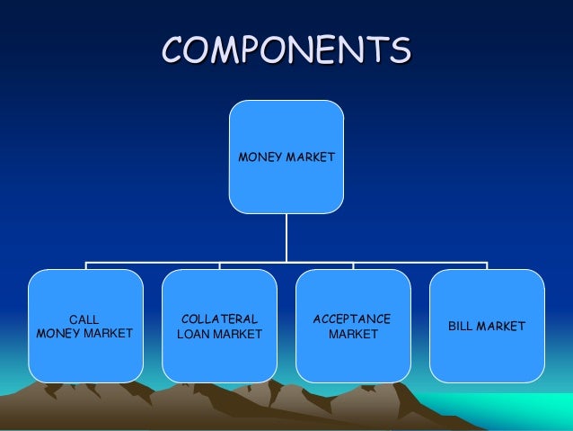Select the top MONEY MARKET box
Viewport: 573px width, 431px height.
point(286,157)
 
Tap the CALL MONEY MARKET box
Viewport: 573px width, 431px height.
point(85,326)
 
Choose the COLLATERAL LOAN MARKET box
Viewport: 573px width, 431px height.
point(219,326)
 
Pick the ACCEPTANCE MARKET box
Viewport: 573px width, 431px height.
point(353,326)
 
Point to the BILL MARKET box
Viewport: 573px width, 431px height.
point(487,326)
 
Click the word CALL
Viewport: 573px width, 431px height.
point(85,319)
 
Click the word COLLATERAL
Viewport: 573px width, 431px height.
point(219,319)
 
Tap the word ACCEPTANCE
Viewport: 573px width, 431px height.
point(352,319)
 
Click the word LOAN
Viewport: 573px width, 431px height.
point(194,335)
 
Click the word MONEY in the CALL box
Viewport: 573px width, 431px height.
point(58,334)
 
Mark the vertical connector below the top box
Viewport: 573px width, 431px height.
point(286,238)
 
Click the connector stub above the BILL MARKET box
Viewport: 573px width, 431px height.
point(487,266)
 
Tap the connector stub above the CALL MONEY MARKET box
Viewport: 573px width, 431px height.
point(86,266)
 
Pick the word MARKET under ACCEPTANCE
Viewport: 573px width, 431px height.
point(353,335)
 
